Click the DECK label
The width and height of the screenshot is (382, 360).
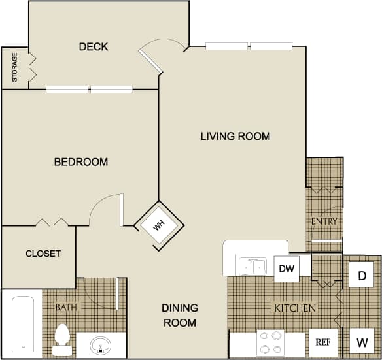pyautogui.click(x=93, y=47)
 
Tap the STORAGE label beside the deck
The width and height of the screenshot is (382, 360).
pyautogui.click(x=14, y=68)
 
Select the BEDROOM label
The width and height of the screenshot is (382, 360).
pyautogui.click(x=80, y=162)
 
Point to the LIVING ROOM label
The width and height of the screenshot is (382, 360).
pyautogui.click(x=235, y=137)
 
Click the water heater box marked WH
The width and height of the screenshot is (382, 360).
pyautogui.click(x=158, y=225)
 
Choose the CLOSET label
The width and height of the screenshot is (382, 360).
pyautogui.click(x=43, y=254)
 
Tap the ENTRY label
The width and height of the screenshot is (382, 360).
pyautogui.click(x=324, y=221)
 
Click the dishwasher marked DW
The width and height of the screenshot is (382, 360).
pyautogui.click(x=286, y=269)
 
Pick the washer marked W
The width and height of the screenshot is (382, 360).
pyautogui.click(x=361, y=341)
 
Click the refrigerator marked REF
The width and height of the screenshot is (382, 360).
pyautogui.click(x=323, y=341)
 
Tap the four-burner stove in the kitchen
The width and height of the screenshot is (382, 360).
pyautogui.click(x=270, y=342)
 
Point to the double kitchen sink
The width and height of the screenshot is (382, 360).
pyautogui.click(x=252, y=267)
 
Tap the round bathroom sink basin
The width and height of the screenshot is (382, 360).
pyautogui.click(x=100, y=344)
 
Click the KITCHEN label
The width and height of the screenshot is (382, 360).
pyautogui.click(x=295, y=308)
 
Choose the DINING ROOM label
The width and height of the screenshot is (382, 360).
pyautogui.click(x=179, y=315)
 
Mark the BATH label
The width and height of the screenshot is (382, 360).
pyautogui.click(x=66, y=307)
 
